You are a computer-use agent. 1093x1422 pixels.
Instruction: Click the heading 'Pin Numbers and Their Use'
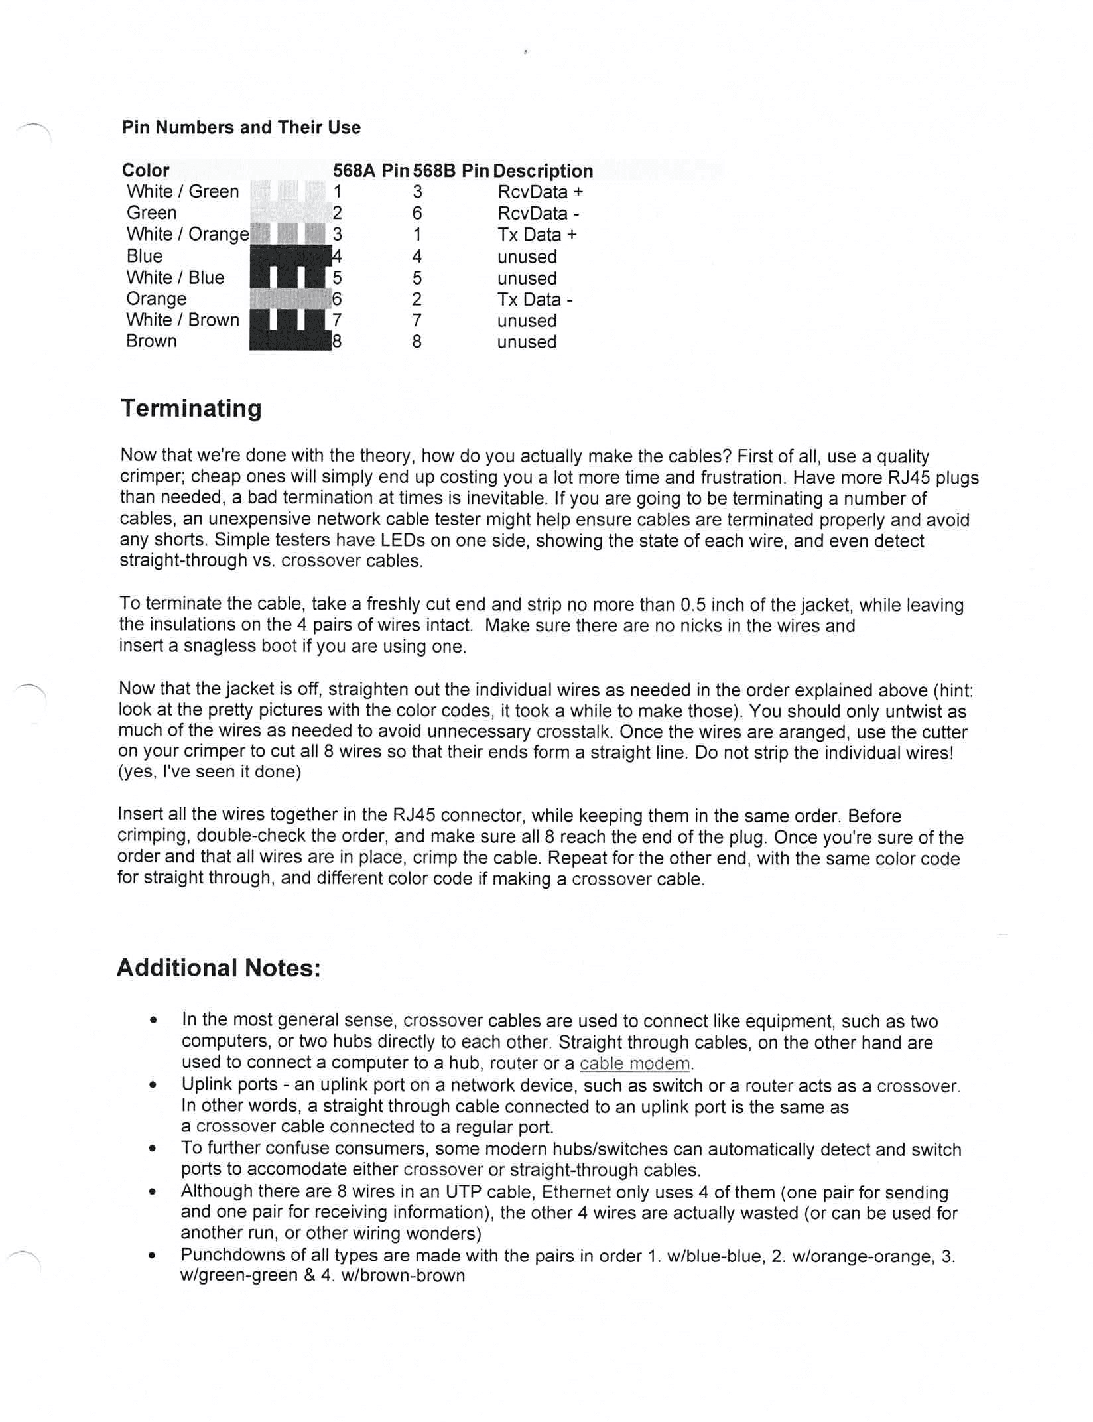[241, 127]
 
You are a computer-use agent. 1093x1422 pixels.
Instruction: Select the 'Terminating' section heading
[191, 408]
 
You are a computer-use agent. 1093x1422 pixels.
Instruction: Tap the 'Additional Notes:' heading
[218, 968]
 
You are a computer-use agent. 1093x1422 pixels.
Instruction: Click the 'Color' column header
[145, 170]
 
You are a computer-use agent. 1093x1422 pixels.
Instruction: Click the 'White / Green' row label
[182, 192]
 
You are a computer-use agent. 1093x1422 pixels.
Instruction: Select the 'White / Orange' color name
[188, 234]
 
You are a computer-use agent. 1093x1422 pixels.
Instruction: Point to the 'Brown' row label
[151, 341]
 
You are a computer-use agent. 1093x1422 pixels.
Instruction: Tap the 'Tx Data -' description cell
[535, 300]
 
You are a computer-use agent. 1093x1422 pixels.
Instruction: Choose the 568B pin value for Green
[417, 214]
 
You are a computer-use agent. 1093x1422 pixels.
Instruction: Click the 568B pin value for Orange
[417, 300]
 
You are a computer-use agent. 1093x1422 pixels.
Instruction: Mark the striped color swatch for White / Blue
[289, 277]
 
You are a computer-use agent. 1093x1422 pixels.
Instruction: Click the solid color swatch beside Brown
[290, 341]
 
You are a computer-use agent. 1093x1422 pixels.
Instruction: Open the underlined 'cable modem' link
[635, 1064]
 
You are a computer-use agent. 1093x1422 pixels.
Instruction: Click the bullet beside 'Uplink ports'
[153, 1086]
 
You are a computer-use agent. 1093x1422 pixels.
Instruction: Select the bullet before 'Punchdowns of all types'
[153, 1256]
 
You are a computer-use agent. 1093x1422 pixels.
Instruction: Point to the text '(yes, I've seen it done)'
[210, 772]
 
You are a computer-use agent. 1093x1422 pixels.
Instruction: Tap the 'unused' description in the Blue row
[527, 257]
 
